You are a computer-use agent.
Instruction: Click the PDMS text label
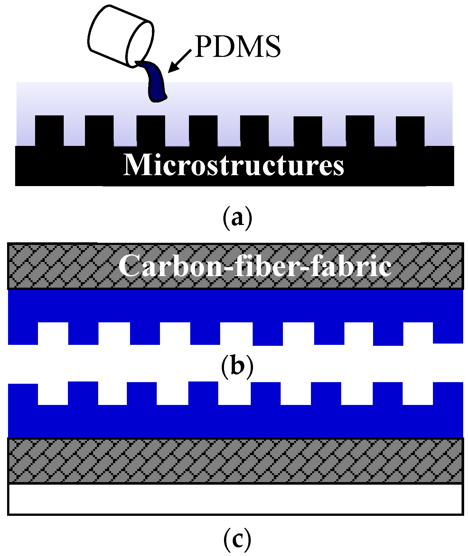tap(238, 47)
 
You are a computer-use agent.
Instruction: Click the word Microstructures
tap(234, 165)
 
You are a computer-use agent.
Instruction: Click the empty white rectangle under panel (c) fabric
tap(235, 499)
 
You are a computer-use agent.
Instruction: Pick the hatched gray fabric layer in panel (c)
tap(235, 460)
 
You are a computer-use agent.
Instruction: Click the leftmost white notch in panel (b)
tap(53, 333)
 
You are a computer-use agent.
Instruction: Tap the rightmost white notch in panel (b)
tap(418, 333)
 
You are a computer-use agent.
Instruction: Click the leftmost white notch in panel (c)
tap(53, 394)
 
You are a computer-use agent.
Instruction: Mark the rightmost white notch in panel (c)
tap(418, 394)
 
